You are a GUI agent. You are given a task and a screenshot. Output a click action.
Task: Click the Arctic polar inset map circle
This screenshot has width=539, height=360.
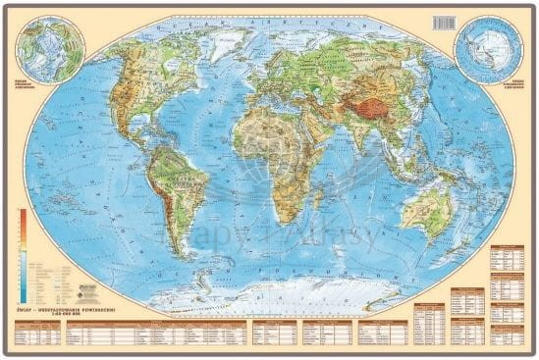[50, 50]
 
